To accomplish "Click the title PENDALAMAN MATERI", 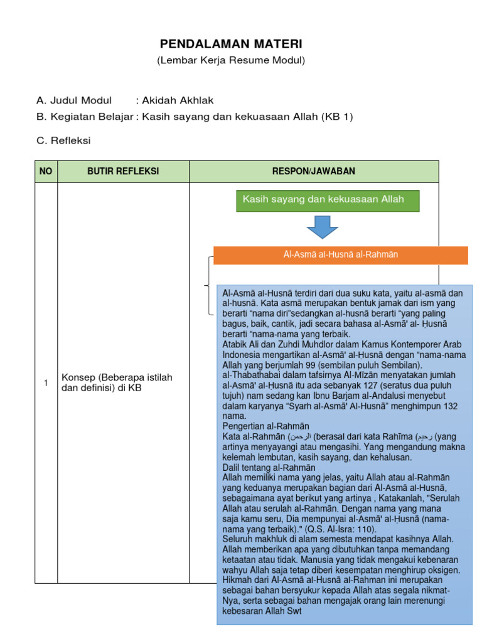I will tap(230, 44).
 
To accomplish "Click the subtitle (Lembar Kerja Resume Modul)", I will tap(230, 60).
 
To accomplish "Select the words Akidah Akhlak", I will tap(178, 100).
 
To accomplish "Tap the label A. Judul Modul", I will tap(74, 100).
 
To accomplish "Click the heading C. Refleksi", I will tap(63, 140).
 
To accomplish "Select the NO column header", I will tap(46, 171).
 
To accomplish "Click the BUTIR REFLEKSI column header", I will tap(123, 171).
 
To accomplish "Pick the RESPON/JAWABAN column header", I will tap(314, 171).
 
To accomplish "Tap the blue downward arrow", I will tap(323, 227).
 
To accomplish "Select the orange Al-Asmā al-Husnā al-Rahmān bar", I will tap(341, 255).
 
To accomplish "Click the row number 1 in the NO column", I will tap(46, 383).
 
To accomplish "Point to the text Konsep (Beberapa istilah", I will tap(117, 377).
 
